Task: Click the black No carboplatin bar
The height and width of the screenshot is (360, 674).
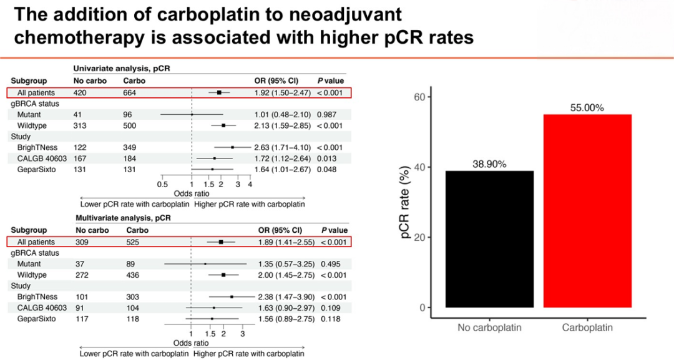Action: coord(490,239)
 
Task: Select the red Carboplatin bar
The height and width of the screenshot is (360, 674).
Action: coord(588,211)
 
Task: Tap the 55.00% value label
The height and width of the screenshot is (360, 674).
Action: coord(587,108)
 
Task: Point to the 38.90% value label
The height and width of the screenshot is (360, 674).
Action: coord(489,164)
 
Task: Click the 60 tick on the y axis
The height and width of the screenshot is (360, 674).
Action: coord(419,97)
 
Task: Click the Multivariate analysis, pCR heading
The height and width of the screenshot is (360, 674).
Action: coord(124,218)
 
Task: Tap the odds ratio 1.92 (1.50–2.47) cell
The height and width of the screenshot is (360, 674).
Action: coord(283,93)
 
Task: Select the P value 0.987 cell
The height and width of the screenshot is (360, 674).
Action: coord(326,115)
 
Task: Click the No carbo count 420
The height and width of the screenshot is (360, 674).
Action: coord(80,93)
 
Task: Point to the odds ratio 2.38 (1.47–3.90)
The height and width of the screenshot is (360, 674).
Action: coord(286,297)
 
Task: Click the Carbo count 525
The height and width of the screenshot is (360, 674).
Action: coord(133,242)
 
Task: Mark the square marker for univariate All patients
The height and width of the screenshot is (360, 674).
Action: coord(219,92)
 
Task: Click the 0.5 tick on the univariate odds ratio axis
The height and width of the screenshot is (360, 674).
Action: coord(162,184)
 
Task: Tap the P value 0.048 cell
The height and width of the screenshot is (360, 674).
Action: coord(326,170)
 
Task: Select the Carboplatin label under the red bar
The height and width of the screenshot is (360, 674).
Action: coord(588,328)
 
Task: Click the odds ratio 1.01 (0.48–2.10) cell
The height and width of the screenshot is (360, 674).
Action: coord(283,115)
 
